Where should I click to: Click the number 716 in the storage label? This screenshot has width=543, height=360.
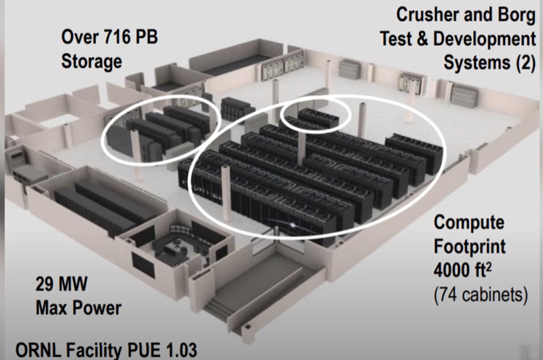tap(119, 37)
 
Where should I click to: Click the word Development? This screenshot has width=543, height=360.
tap(485, 39)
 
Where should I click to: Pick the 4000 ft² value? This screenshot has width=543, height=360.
tap(462, 270)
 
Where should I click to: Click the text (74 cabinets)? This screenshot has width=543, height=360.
tap(481, 295)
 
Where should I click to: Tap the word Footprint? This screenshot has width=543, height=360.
tap(470, 247)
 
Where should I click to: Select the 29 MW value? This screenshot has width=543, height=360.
tap(61, 284)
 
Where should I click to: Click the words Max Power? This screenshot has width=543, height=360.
tap(79, 308)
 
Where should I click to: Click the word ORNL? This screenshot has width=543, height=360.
tap(39, 350)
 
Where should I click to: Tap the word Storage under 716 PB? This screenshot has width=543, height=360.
tap(92, 61)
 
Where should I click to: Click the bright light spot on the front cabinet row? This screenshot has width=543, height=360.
tap(293, 226)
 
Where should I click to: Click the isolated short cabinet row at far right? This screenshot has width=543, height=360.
tap(414, 153)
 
